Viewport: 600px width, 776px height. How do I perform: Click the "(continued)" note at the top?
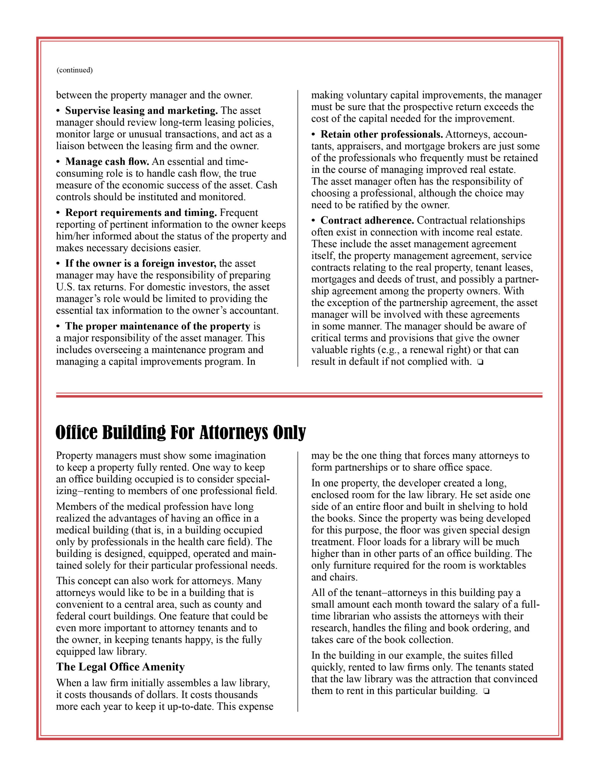(74, 70)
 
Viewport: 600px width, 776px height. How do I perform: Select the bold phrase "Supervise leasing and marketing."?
(141, 111)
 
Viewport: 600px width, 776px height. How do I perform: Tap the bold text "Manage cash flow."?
(107, 162)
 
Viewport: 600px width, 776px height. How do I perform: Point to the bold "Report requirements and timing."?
(141, 212)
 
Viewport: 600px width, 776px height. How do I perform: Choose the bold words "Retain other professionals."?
(382, 134)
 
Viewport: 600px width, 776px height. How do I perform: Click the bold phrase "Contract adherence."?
(367, 220)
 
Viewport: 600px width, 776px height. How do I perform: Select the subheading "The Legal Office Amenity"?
(120, 667)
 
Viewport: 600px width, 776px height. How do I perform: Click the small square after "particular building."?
(486, 691)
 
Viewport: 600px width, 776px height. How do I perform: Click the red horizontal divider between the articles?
(299, 395)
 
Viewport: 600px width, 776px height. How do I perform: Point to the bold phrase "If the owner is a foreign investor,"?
(140, 264)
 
